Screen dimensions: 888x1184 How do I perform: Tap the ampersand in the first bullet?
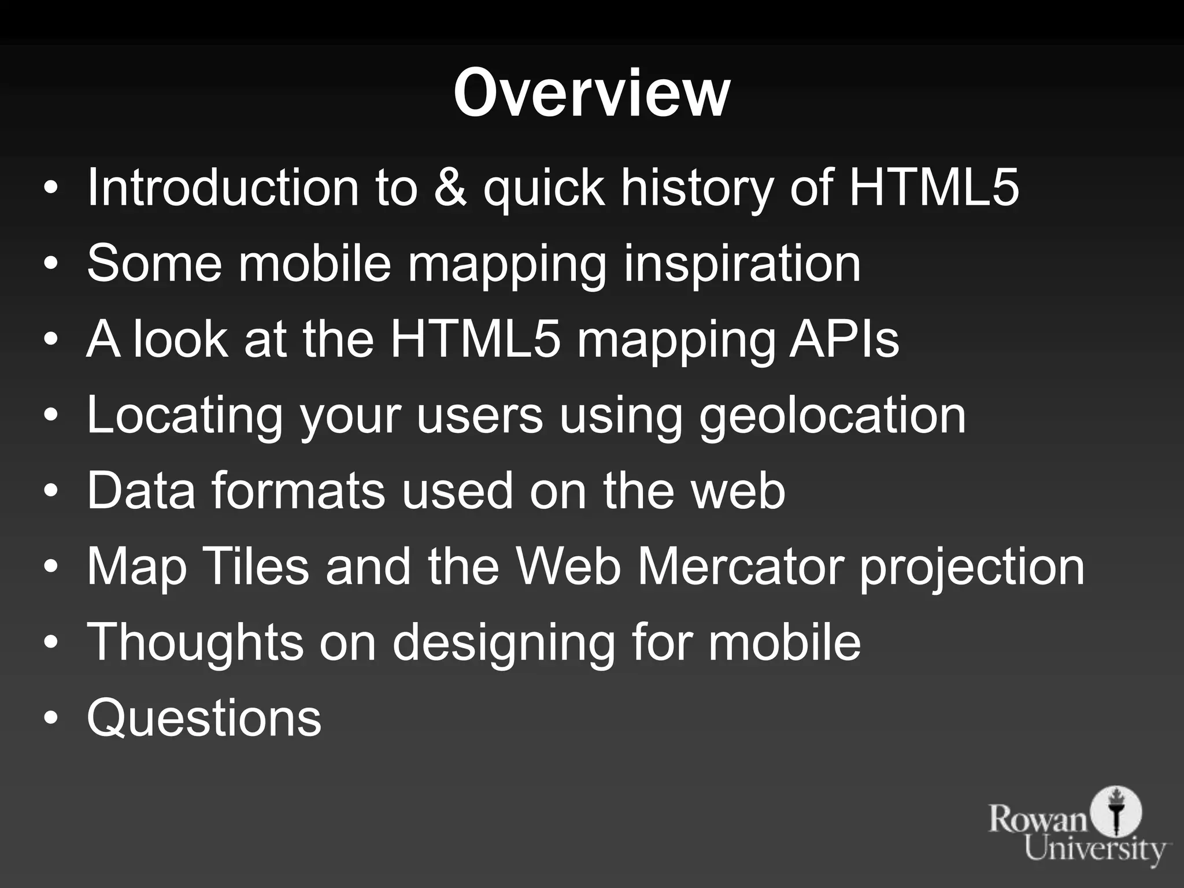pos(450,187)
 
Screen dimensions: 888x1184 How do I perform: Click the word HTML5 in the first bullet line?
pos(934,187)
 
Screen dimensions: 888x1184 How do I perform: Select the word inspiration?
pos(742,264)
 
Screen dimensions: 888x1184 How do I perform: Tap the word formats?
pos(298,491)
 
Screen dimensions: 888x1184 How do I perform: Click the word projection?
pos(972,568)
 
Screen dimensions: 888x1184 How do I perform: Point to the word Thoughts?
pos(195,642)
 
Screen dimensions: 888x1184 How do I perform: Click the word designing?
pos(503,642)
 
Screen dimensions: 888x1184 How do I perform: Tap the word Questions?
pos(204,719)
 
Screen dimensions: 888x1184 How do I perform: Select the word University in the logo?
pos(1096,850)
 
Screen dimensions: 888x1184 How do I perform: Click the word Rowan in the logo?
pos(1038,820)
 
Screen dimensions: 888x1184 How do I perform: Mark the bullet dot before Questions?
pos(51,719)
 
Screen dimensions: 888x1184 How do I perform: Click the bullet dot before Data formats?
pos(51,491)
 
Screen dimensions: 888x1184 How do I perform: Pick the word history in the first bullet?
pos(696,187)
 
